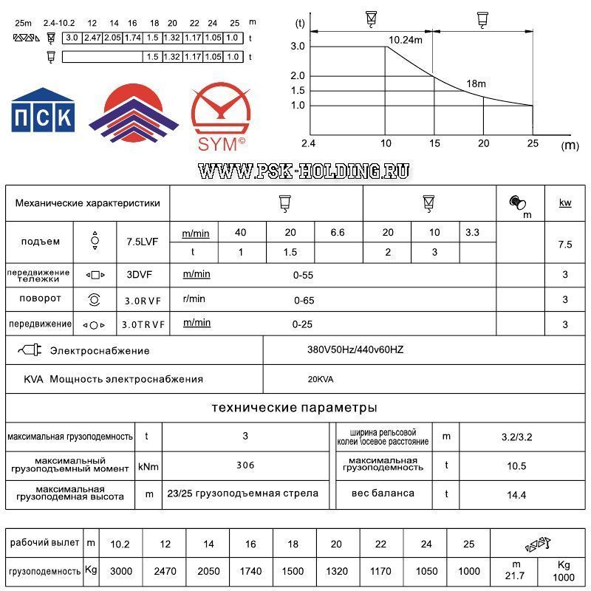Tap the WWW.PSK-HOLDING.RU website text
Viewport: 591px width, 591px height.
click(304, 171)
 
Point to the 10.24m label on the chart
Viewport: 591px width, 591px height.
click(406, 38)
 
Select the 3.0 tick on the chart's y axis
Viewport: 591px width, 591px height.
click(298, 47)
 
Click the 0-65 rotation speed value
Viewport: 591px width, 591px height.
click(304, 300)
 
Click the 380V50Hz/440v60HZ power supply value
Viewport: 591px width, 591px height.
click(355, 350)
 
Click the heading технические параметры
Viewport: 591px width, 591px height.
click(294, 408)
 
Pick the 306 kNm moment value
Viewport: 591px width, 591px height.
click(245, 465)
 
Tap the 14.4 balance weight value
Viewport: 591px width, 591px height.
click(516, 495)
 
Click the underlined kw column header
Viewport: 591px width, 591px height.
click(565, 202)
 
